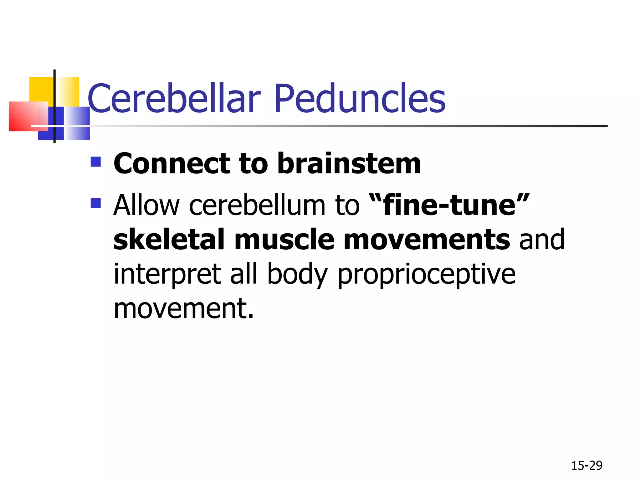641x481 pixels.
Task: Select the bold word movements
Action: (x=427, y=240)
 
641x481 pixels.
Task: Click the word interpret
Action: (x=167, y=274)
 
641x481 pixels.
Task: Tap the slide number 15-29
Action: (x=587, y=466)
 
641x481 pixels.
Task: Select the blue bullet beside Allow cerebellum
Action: (x=96, y=203)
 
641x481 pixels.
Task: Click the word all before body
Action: (x=244, y=274)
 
